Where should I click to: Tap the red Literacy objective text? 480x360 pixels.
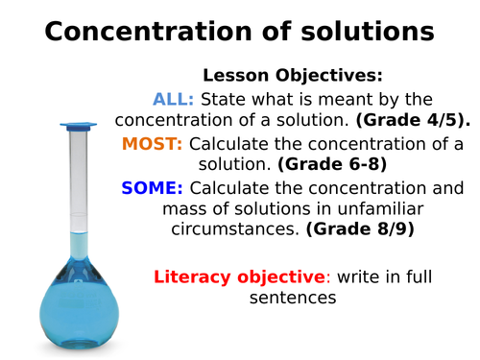coord(239,277)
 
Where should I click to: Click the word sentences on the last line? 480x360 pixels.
coord(293,299)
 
